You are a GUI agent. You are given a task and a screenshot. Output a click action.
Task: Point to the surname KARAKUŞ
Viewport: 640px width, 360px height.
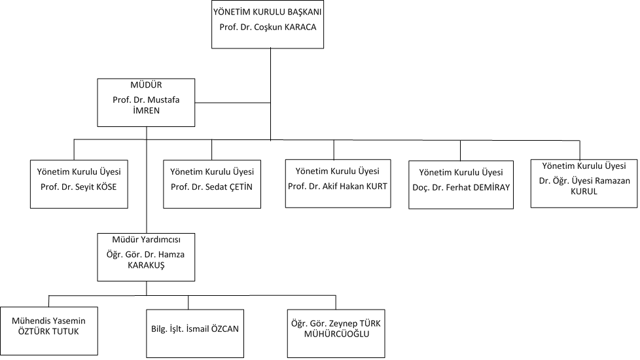pos(146,265)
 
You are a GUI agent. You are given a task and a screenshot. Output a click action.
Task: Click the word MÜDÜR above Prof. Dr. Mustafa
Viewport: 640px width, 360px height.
pos(146,85)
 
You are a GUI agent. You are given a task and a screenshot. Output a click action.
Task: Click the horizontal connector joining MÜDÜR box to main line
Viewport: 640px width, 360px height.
pos(233,103)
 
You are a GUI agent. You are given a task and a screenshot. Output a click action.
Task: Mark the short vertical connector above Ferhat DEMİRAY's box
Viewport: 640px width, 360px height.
pos(461,151)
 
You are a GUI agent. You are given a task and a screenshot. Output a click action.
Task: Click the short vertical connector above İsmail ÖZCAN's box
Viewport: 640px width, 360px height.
pos(188,302)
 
